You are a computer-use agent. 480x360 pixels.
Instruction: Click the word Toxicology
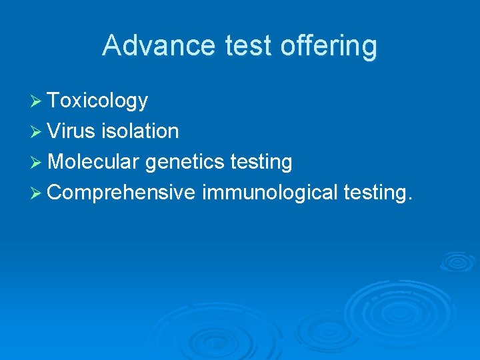coord(98,101)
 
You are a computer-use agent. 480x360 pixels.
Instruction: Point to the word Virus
coord(71,131)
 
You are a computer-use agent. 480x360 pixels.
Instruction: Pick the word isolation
coord(140,131)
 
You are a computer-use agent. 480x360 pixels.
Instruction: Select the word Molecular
coord(93,162)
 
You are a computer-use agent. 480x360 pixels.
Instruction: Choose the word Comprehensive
coord(121,193)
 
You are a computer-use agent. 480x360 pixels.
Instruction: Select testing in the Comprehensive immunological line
coord(375,193)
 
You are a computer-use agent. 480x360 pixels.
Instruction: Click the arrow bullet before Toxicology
coord(37,101)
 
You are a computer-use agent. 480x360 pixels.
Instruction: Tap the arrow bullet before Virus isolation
coord(37,132)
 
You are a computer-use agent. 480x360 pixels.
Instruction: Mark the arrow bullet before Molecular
coord(37,163)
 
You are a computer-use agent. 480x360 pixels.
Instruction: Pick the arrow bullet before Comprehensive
coord(37,193)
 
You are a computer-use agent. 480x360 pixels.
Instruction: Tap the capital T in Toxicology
coord(54,101)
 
